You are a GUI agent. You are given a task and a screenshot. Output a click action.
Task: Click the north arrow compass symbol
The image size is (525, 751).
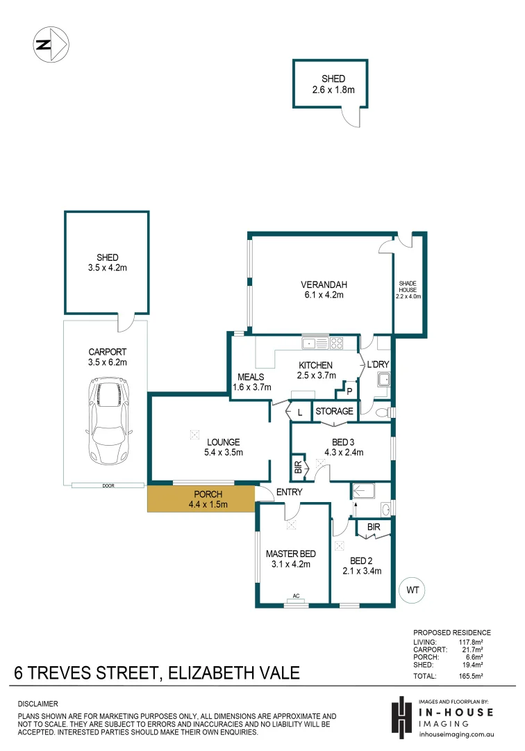(x=50, y=45)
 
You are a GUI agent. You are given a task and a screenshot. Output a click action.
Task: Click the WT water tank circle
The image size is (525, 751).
(x=412, y=590)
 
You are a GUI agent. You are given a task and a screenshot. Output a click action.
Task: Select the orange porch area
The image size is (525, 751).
(x=201, y=499)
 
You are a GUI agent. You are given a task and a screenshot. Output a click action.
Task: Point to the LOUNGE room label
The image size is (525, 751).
(x=222, y=442)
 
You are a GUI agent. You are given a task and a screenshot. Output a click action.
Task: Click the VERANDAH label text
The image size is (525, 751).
(x=323, y=284)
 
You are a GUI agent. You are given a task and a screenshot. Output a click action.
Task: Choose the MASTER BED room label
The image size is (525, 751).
(x=291, y=554)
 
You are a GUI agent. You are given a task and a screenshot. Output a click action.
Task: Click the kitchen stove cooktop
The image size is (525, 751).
(x=337, y=342)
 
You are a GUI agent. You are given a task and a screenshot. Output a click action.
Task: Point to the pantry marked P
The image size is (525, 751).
(x=349, y=391)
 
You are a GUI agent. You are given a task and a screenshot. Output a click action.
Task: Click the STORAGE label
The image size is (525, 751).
(x=334, y=412)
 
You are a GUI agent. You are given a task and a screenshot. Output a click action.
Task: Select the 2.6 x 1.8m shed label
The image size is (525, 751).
(x=333, y=84)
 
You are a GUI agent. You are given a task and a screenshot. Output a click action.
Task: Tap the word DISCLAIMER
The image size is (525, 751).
(x=37, y=704)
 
